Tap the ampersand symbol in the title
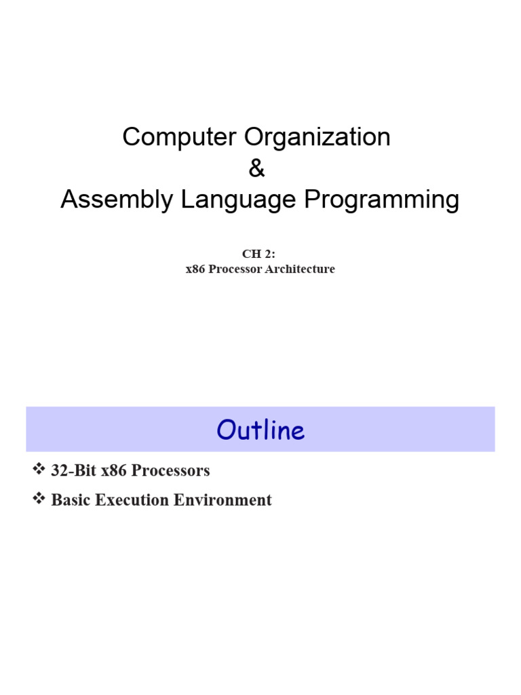256,169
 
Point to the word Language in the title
231,200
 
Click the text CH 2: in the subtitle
260,255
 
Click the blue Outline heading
260,430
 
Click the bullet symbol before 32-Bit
38,470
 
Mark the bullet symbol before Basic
38,500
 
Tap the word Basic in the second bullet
71,500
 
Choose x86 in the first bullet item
113,470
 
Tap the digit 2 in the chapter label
269,255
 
